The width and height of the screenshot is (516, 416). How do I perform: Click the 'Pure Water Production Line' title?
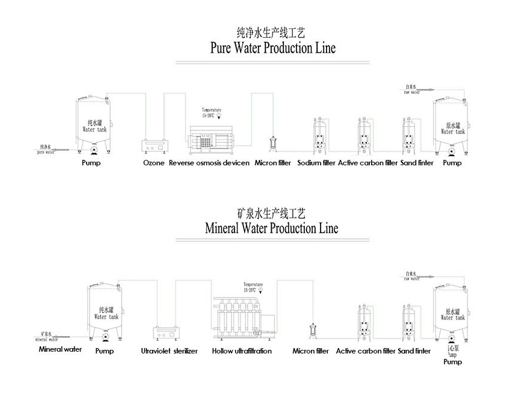click(272, 48)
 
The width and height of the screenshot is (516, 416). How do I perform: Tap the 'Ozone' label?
click(153, 163)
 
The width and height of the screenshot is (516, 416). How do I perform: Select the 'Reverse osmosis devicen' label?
click(209, 163)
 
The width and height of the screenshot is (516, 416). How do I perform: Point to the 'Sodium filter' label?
click(316, 163)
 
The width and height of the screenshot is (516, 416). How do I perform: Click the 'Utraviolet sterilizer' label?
click(169, 351)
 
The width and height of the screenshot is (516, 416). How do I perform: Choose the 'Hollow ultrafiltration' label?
click(242, 351)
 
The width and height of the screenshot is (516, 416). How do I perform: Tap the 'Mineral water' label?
click(60, 349)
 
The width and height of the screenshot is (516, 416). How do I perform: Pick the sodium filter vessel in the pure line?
click(319, 135)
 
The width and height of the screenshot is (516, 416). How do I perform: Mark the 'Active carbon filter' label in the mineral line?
click(366, 351)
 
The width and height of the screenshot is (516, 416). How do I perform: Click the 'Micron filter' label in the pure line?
click(273, 163)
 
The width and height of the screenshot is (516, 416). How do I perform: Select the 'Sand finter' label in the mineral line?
click(414, 351)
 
